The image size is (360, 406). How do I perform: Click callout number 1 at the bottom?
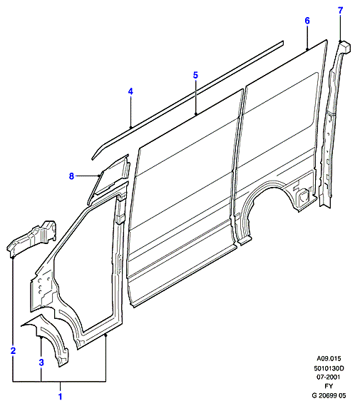(x=61, y=397)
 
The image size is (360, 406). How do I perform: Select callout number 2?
(x=14, y=350)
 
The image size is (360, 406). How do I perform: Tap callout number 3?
(x=41, y=362)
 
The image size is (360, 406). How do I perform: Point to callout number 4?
(x=130, y=91)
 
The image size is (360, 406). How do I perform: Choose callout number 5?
(x=195, y=75)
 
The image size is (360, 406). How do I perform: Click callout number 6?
(x=307, y=21)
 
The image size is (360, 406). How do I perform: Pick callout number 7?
(x=340, y=11)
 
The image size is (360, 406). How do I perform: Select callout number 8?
(x=71, y=176)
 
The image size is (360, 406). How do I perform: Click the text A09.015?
(x=329, y=359)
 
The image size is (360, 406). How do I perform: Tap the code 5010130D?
(x=329, y=368)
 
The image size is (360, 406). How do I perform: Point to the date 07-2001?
(x=329, y=377)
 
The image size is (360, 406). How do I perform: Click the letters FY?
(x=329, y=386)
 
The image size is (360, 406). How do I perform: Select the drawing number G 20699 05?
(x=329, y=395)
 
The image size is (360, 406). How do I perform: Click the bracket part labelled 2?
(x=32, y=238)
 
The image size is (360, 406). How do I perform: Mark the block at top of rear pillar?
(x=345, y=46)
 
